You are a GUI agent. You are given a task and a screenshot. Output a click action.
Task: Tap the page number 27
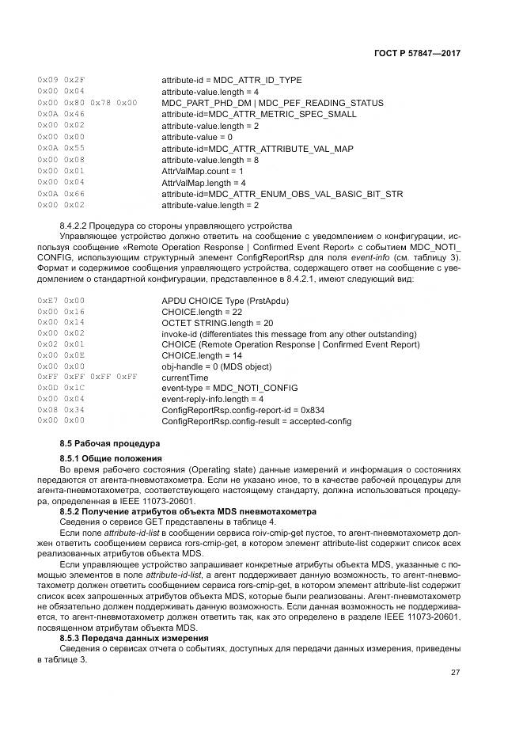pos(456,672)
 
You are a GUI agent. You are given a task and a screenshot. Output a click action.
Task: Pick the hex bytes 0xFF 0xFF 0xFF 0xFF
pos(87,377)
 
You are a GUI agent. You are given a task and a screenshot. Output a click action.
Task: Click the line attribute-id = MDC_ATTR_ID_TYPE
pos(231,80)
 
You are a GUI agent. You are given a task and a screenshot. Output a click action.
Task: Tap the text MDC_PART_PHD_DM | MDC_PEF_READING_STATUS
pos(272,103)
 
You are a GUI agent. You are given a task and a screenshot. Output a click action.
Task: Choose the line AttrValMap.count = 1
pos(203,171)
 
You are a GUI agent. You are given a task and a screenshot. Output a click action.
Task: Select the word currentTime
pos(184,377)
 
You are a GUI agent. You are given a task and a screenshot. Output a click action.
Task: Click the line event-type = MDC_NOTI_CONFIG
pos(229,388)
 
